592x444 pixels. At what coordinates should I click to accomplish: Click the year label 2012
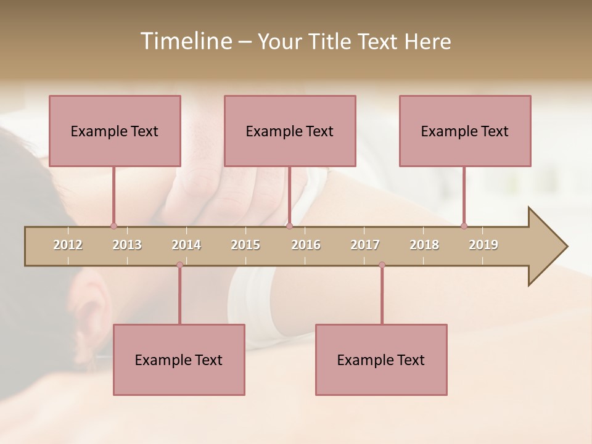[68, 245]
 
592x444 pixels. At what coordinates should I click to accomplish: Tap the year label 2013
[127, 245]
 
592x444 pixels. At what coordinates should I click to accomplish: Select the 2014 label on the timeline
[186, 245]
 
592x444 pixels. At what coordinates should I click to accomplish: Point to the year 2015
[245, 245]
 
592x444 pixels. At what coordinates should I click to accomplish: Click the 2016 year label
[306, 245]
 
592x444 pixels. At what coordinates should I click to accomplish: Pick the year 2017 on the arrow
[365, 245]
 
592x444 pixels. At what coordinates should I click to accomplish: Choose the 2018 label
[424, 245]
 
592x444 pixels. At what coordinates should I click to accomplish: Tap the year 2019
[483, 245]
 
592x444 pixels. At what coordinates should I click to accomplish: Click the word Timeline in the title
[185, 41]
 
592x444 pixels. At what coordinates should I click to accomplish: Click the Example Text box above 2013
[115, 131]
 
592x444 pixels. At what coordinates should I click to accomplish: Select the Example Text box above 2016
[290, 131]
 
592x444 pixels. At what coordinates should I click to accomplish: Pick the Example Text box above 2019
[465, 131]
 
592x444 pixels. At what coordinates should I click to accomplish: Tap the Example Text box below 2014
[179, 360]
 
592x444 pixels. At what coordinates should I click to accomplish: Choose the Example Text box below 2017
[381, 360]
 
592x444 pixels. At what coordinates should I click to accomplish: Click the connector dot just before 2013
[113, 226]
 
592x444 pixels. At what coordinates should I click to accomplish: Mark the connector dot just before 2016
[289, 226]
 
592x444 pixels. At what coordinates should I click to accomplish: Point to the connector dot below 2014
[179, 265]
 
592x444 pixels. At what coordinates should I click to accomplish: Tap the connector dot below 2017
[382, 265]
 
